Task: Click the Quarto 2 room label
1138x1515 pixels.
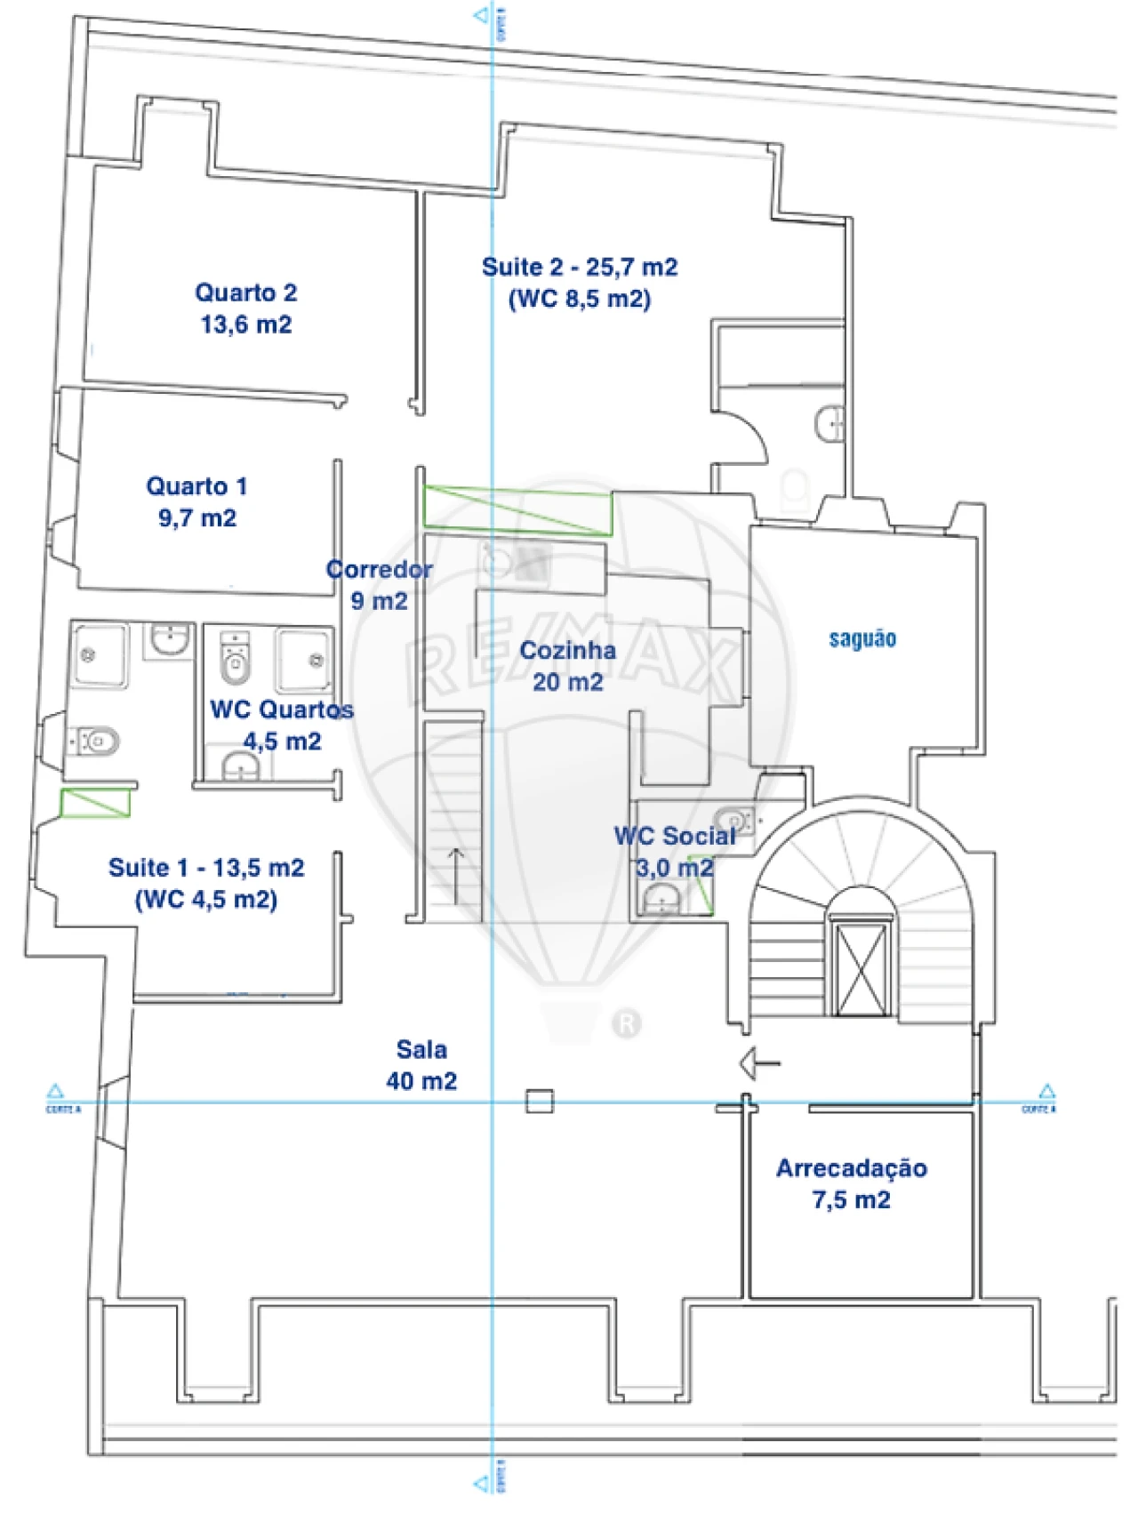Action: click(x=245, y=308)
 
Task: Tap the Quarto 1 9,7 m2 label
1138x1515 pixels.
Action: click(x=196, y=501)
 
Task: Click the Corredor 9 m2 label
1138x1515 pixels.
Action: click(x=379, y=584)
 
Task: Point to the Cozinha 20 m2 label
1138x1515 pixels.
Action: click(x=567, y=665)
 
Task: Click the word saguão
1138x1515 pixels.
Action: click(x=862, y=638)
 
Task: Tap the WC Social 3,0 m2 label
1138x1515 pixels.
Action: click(x=674, y=851)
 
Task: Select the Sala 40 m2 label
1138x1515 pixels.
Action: click(x=421, y=1064)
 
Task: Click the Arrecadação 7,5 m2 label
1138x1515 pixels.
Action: click(x=851, y=1183)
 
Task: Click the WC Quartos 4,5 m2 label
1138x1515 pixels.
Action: click(x=281, y=725)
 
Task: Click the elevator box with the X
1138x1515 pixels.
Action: click(x=861, y=968)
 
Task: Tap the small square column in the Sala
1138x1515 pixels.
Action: click(x=539, y=1102)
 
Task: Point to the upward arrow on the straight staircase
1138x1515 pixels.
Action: click(x=455, y=876)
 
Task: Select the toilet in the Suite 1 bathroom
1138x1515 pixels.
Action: click(x=97, y=740)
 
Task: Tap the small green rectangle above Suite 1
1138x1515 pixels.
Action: click(x=95, y=803)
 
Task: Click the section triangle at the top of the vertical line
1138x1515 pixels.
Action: click(x=482, y=15)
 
